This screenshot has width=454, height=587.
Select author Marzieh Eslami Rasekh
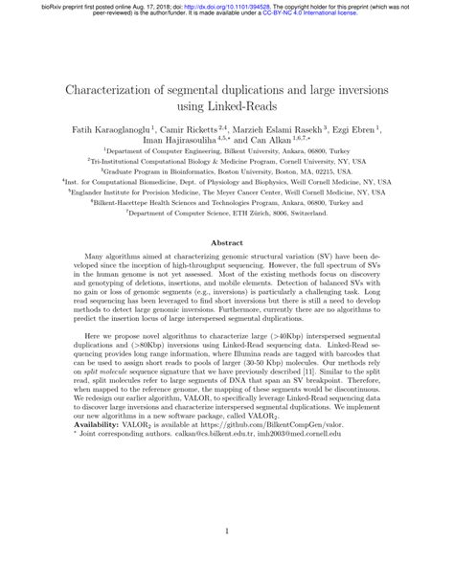(284, 126)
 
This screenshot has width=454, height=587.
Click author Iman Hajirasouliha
(173, 139)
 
